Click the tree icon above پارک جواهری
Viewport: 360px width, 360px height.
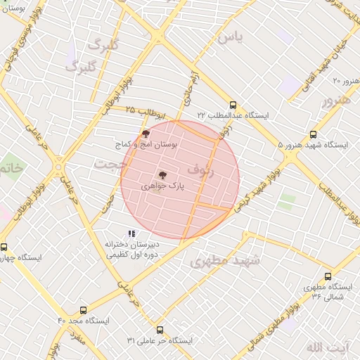(162, 174)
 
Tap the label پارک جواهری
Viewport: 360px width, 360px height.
(162, 187)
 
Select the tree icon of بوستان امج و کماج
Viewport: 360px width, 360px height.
(146, 133)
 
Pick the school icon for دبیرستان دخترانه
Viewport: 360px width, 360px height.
(131, 234)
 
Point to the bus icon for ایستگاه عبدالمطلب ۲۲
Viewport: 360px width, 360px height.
(233, 104)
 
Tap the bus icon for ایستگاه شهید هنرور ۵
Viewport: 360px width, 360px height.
(313, 134)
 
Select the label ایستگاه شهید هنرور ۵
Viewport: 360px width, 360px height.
(312, 145)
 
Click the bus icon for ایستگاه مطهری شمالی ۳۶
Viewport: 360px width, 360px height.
(328, 276)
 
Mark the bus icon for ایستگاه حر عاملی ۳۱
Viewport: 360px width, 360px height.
(160, 330)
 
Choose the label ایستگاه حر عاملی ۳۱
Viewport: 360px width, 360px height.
(160, 340)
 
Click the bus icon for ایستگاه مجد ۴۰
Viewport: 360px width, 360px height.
(84, 310)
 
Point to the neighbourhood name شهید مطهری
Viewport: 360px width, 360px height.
(225, 262)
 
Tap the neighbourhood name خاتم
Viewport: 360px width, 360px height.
(11, 169)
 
